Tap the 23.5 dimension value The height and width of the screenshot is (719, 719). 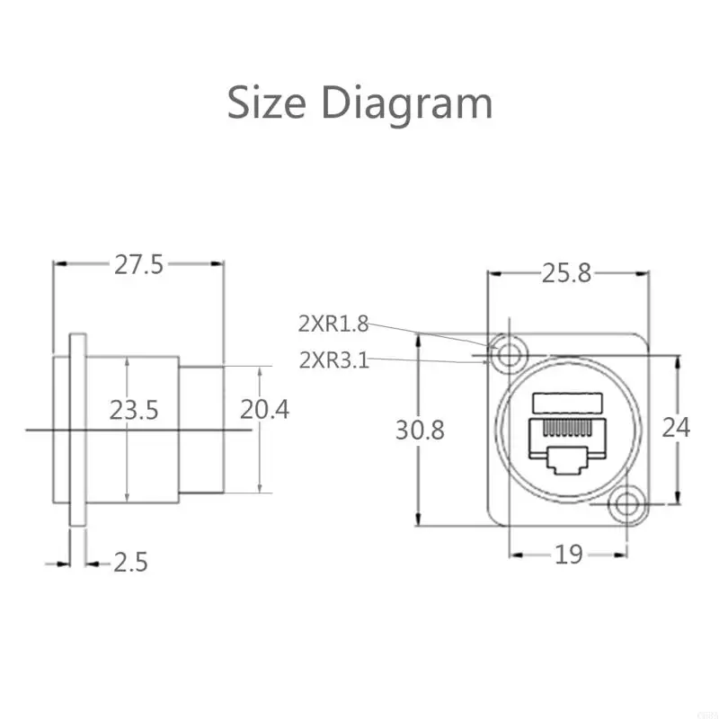coord(134,411)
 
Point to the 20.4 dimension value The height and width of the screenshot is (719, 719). coord(264,410)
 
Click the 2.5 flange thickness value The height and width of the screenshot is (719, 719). coord(130,563)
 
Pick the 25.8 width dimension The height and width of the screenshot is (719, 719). coord(566,273)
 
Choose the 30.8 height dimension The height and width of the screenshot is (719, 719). coord(420,431)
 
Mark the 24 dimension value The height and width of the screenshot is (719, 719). coord(676,427)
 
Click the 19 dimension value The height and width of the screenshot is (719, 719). coord(569,555)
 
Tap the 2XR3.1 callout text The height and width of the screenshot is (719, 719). coord(333,361)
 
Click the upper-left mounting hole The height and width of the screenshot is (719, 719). coord(510,355)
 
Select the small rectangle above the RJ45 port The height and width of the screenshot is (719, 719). coord(566,403)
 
